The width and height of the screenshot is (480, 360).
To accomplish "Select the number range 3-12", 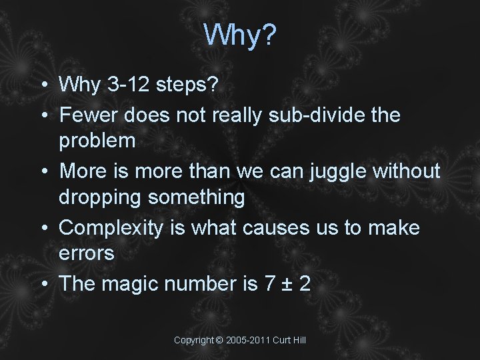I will pyautogui.click(x=125, y=85).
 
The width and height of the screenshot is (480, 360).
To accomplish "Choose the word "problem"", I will pyautogui.click(x=97, y=141).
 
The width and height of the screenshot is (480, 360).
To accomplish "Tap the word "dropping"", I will pyautogui.click(x=101, y=198).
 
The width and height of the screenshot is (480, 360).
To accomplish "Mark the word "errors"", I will pyautogui.click(x=87, y=254).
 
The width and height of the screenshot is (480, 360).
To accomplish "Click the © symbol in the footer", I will pyautogui.click(x=219, y=340).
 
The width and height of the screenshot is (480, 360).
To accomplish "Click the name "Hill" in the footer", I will pyautogui.click(x=298, y=340).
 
